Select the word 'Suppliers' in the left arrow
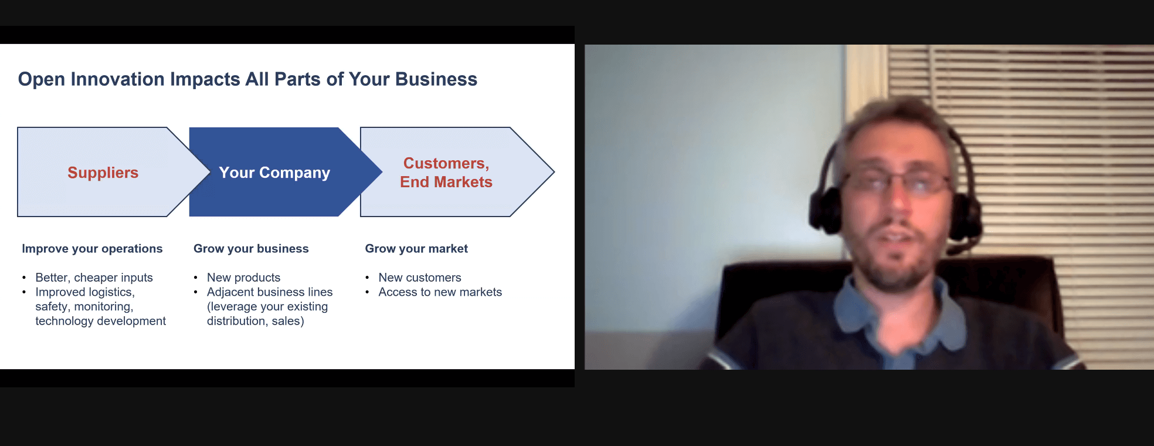[x=103, y=173]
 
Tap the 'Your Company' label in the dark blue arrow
[x=274, y=173]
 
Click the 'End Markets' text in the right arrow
[x=446, y=182]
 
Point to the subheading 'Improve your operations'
[x=92, y=249]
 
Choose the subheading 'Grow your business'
[x=251, y=249]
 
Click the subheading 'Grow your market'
[x=416, y=249]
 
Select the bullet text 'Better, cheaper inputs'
[x=94, y=278]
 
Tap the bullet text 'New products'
[x=243, y=278]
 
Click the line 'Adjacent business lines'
[x=270, y=292]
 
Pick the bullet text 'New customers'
[x=420, y=278]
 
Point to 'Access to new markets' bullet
[x=440, y=292]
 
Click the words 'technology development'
[x=100, y=321]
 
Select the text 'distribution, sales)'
[x=256, y=321]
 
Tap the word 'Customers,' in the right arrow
[x=446, y=163]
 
